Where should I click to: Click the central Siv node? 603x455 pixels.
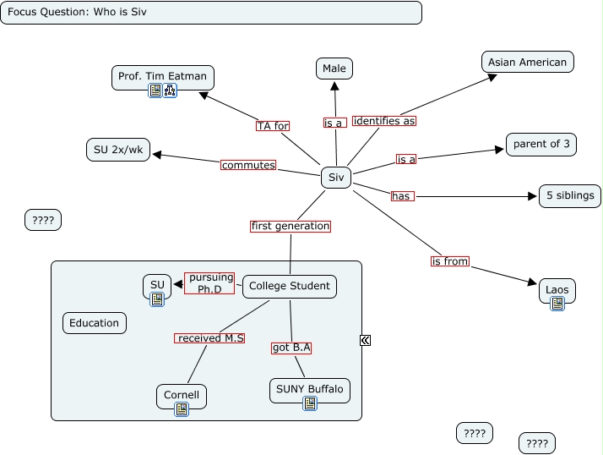336,178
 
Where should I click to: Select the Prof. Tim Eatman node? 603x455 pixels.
163,76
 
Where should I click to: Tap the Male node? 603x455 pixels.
334,68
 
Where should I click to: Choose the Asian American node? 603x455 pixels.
528,62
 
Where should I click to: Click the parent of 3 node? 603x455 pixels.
541,144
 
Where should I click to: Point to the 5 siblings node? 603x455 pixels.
570,195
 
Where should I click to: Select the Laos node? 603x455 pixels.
557,290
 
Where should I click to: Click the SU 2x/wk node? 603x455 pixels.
118,150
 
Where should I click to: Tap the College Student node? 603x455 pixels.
289,286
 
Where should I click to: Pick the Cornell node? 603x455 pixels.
181,395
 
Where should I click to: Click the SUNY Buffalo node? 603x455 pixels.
309,389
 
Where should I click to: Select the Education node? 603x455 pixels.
95,322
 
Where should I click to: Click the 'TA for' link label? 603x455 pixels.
273,126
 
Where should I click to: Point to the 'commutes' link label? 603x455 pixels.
248,165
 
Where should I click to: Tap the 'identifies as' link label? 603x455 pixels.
384,121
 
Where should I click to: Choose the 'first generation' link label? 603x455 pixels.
291,226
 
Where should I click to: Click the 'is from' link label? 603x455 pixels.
449,261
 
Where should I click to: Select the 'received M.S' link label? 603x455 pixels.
210,338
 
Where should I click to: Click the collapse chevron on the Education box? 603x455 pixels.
365,340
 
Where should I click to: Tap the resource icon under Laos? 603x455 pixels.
557,304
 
